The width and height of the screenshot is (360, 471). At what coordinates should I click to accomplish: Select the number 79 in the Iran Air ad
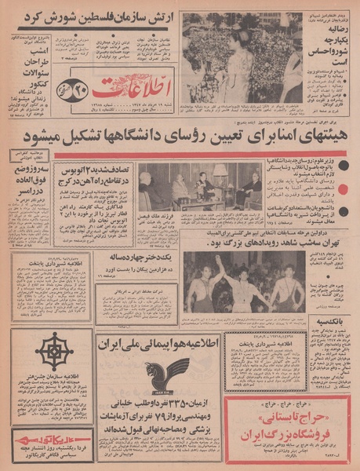[x=151, y=417]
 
